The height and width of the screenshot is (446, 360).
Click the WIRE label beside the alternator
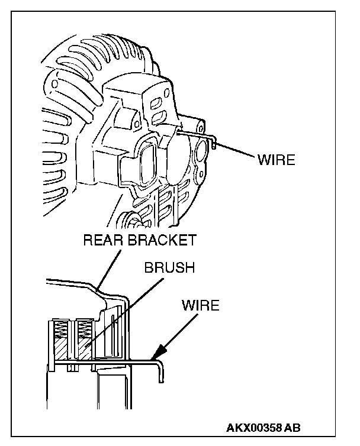[x=276, y=160]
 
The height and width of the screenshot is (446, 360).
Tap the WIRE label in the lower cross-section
[x=200, y=306]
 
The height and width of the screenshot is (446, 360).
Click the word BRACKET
[x=160, y=241]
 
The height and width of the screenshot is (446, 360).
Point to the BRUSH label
[x=169, y=267]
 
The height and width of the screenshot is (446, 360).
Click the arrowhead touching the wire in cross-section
[x=156, y=356]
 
